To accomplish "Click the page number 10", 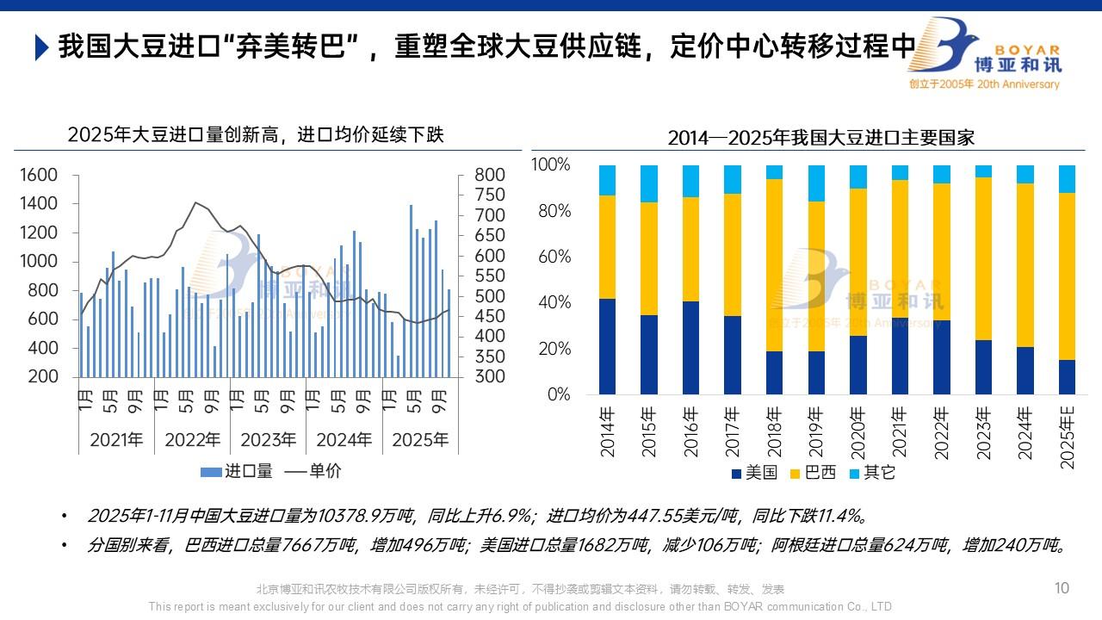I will (x=1062, y=588).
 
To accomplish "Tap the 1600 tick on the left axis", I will (x=39, y=176).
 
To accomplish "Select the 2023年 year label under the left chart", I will (x=268, y=440).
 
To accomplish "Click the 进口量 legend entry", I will (x=238, y=471).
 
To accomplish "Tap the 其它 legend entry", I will (x=870, y=473).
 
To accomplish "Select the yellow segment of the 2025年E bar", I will (x=1067, y=276).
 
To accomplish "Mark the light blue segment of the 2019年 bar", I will (x=816, y=183).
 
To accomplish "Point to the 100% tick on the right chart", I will (x=550, y=164).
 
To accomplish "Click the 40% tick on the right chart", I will (x=554, y=302).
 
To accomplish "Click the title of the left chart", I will (x=256, y=135).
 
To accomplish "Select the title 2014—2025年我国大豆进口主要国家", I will (x=820, y=138).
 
